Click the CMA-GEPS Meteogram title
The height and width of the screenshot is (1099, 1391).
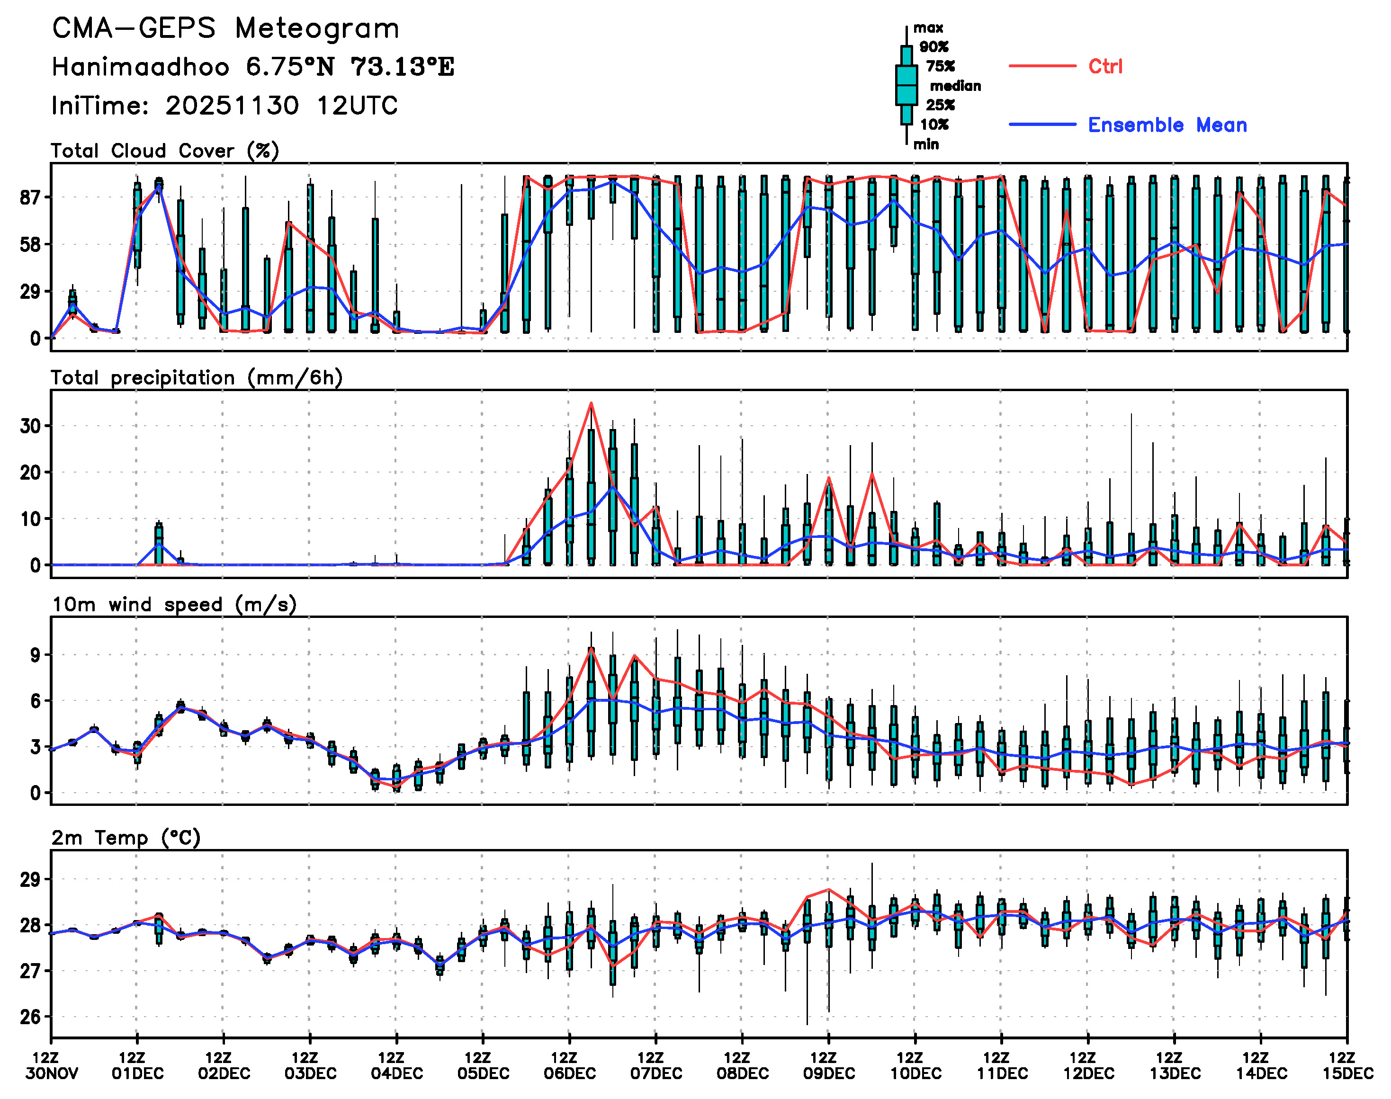pos(225,29)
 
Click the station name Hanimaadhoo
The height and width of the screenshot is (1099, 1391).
pos(140,67)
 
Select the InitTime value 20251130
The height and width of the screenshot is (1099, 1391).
pos(232,106)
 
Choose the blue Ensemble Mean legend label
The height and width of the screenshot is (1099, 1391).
pos(1167,125)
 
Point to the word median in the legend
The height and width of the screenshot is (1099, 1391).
pos(955,86)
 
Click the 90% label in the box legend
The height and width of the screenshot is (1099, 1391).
pos(933,47)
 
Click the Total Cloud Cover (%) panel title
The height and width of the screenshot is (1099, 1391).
pos(165,151)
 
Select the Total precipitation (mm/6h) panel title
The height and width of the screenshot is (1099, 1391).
pos(197,378)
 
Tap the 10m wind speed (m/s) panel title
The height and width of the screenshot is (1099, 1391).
pos(174,605)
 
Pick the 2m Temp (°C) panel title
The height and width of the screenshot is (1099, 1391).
pos(126,838)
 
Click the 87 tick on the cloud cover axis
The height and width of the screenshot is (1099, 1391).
pos(30,197)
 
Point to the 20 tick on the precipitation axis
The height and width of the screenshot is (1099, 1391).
pos(30,472)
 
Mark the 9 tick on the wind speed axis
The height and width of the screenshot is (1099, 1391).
pos(35,655)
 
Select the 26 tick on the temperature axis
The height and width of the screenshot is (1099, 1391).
pos(30,1017)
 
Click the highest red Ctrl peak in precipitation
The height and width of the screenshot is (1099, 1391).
pos(591,403)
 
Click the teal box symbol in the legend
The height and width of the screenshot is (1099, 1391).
pos(906,85)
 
